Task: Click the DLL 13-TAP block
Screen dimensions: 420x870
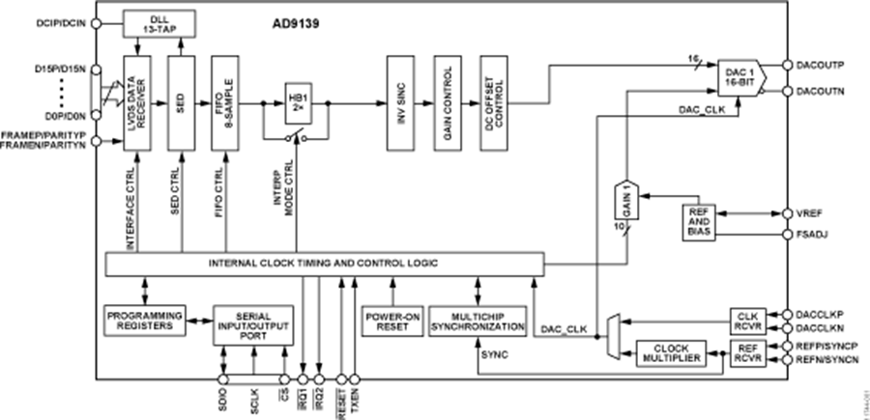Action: tap(159, 22)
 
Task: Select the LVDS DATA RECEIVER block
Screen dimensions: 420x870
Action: tap(136, 103)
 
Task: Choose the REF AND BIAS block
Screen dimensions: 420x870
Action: tap(700, 222)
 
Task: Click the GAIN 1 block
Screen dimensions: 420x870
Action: tap(627, 202)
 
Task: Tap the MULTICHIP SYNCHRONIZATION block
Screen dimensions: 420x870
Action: tap(478, 321)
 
